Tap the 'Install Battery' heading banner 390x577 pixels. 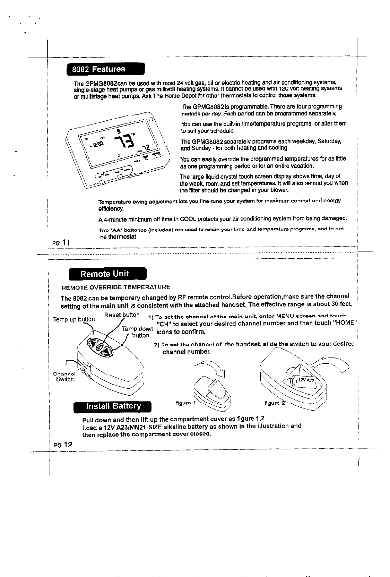pyautogui.click(x=113, y=406)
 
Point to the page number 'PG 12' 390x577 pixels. pyautogui.click(x=63, y=444)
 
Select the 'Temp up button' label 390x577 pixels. pyautogui.click(x=73, y=319)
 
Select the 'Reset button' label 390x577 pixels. pyautogui.click(x=122, y=315)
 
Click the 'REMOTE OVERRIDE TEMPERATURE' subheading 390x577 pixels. pyautogui.click(x=115, y=287)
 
